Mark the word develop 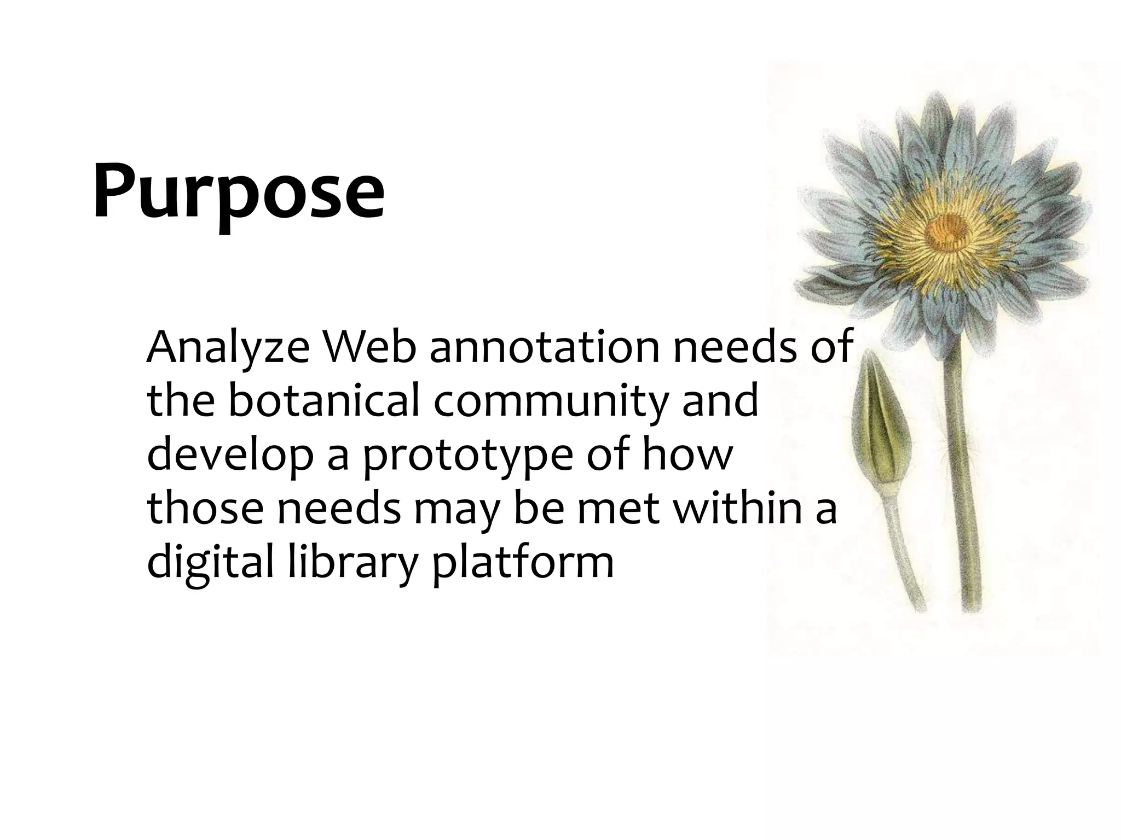tap(230, 457)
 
